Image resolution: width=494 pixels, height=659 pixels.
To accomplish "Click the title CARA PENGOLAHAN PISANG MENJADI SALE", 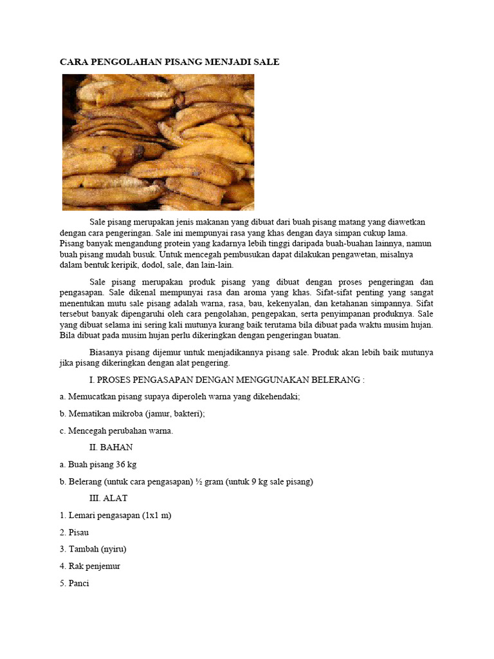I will tap(170, 62).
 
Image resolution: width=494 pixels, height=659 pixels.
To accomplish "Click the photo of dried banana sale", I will tap(158, 142).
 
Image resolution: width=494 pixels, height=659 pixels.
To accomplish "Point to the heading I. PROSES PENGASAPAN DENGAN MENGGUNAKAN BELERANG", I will tap(226, 380).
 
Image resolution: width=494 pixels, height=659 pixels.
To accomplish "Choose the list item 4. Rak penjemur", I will tap(90, 566).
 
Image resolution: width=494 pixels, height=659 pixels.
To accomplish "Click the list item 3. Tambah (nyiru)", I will tap(93, 550).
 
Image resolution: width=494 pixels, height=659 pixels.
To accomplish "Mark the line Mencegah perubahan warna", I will tap(116, 431).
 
